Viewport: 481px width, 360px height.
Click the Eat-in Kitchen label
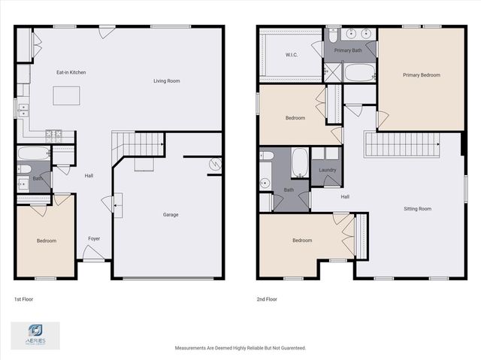pyautogui.click(x=71, y=73)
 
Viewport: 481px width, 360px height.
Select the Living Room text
pyautogui.click(x=166, y=81)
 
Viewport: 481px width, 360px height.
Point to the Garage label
pyautogui.click(x=171, y=215)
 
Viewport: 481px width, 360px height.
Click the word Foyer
pyautogui.click(x=94, y=239)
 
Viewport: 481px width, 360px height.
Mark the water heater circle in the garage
pyautogui.click(x=214, y=164)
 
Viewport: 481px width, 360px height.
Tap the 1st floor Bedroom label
pyautogui.click(x=46, y=241)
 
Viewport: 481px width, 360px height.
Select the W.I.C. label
pyautogui.click(x=292, y=55)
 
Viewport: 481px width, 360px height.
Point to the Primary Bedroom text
pyautogui.click(x=421, y=75)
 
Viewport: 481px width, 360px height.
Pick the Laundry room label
pyautogui.click(x=327, y=171)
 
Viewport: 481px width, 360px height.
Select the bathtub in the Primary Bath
pyautogui.click(x=360, y=74)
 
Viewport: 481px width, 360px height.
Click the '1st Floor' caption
pyautogui.click(x=23, y=299)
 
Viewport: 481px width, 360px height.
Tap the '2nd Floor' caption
pyautogui.click(x=267, y=299)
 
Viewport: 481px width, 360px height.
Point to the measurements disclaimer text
pyautogui.click(x=240, y=348)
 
